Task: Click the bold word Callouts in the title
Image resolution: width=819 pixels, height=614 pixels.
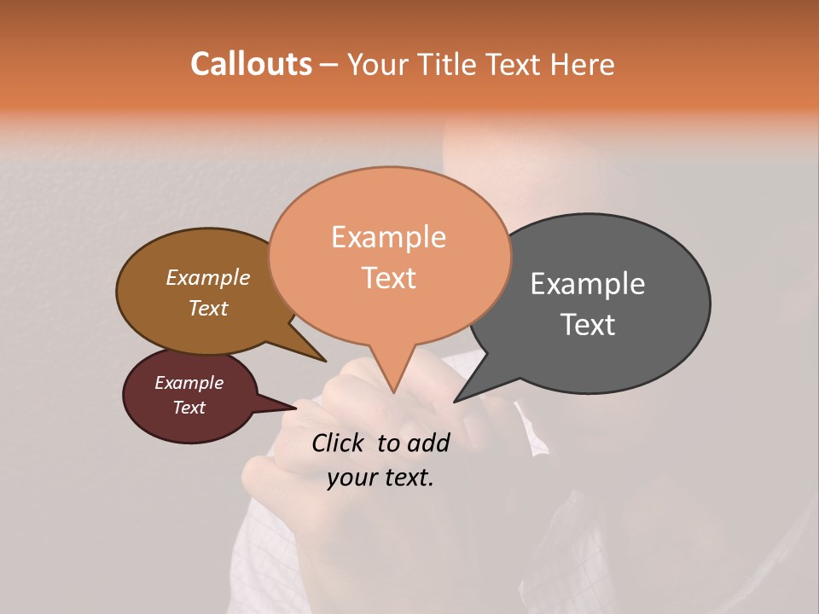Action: (251, 64)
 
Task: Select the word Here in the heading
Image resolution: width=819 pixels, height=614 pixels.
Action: (581, 65)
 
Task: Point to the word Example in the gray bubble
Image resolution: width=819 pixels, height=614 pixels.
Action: (588, 284)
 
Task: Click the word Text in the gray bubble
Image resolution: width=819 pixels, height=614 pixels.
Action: (589, 325)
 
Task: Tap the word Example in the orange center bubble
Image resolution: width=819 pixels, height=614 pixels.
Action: (388, 237)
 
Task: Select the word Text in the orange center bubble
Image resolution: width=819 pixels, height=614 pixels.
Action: (389, 278)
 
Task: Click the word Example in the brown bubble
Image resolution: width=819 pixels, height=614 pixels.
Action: (208, 278)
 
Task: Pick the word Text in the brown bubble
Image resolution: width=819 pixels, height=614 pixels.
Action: (208, 309)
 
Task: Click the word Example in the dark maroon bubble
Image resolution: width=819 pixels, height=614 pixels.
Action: (189, 383)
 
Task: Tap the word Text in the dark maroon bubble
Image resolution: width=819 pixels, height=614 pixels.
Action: (189, 408)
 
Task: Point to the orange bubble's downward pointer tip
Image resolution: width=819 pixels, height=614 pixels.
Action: (393, 392)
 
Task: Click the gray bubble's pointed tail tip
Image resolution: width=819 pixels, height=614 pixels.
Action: (455, 401)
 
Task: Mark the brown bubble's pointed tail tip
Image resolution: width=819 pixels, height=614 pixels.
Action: (326, 362)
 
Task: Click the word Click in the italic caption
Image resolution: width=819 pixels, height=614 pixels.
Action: (340, 443)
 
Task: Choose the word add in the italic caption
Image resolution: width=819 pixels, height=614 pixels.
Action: (429, 443)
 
